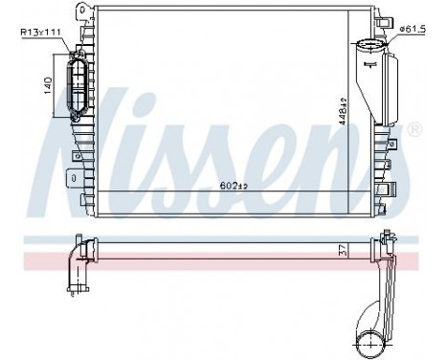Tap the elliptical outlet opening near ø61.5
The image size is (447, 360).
pyautogui.click(x=367, y=46)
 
